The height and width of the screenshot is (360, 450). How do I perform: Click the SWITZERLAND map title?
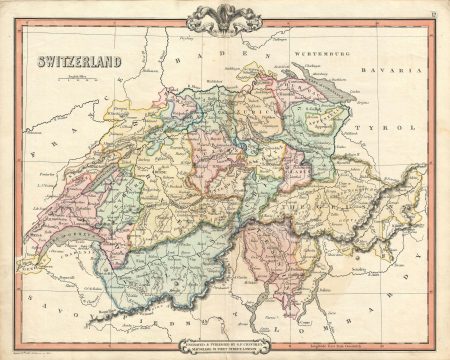coord(79,61)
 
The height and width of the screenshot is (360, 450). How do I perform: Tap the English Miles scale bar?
coord(79,76)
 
